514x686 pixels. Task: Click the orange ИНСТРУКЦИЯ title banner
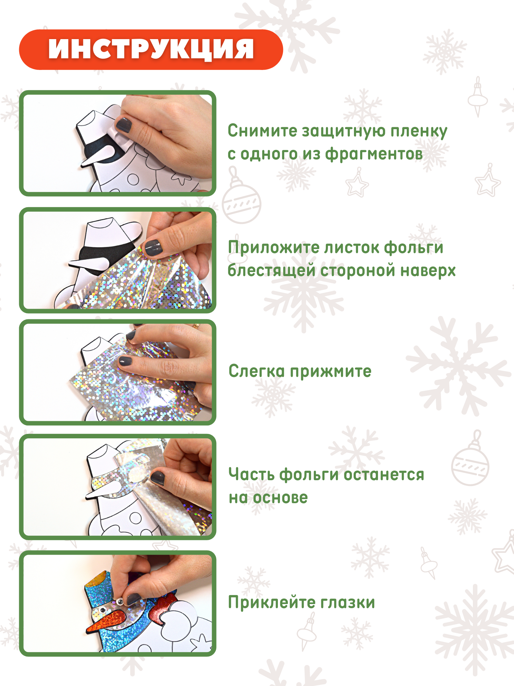coord(151,50)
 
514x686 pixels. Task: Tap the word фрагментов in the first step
coord(374,154)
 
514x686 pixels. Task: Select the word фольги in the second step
coord(413,248)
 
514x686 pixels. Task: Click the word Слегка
coord(256,371)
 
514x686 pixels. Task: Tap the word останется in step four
coord(384,475)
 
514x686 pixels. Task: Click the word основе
coord(280,498)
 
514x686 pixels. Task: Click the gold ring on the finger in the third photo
coord(196,326)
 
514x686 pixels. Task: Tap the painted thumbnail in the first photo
coord(123,125)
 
